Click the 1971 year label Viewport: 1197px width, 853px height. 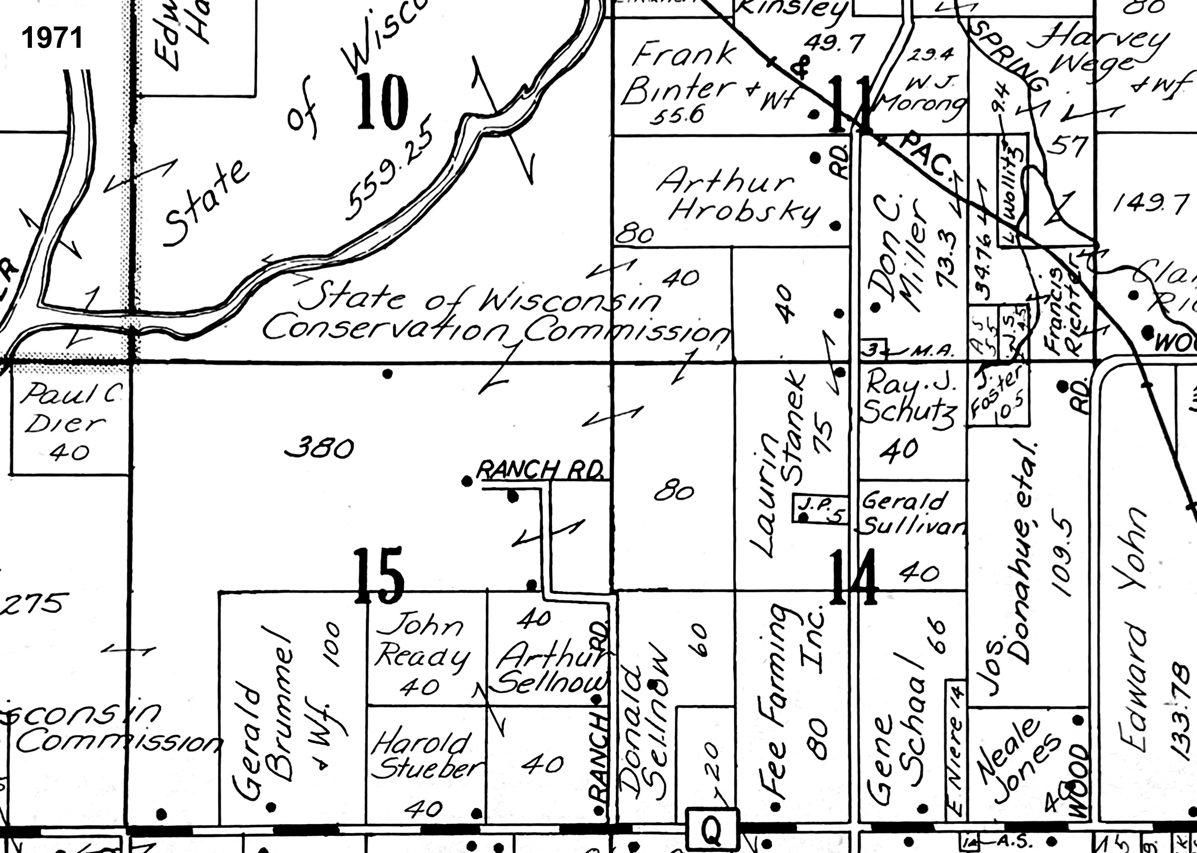52,38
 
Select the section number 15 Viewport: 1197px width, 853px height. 379,576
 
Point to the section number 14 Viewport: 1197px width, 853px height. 853,576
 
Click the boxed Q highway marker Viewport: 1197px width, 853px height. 712,830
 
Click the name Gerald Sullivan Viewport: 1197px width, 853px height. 912,513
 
